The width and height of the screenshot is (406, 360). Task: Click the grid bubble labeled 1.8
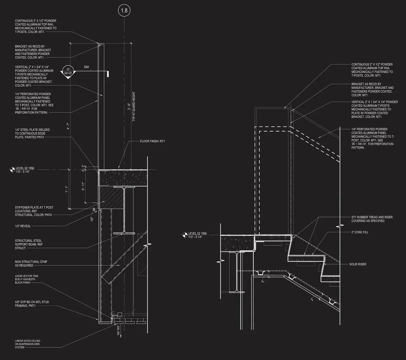pyautogui.click(x=124, y=11)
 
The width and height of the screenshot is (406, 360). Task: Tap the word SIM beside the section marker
pyautogui.click(x=86, y=67)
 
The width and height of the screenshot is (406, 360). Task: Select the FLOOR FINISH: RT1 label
pyautogui.click(x=155, y=141)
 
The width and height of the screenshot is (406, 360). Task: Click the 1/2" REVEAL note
pyautogui.click(x=23, y=226)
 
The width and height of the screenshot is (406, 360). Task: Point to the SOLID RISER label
pyautogui.click(x=358, y=264)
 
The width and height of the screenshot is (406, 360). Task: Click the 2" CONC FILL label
pyautogui.click(x=360, y=232)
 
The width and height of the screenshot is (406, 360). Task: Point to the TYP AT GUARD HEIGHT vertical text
pyautogui.click(x=134, y=107)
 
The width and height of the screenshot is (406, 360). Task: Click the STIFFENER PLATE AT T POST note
pyautogui.click(x=34, y=211)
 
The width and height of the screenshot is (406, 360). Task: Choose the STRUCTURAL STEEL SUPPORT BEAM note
pyautogui.click(x=29, y=244)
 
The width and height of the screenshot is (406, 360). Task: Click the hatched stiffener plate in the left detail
pyautogui.click(x=111, y=197)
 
